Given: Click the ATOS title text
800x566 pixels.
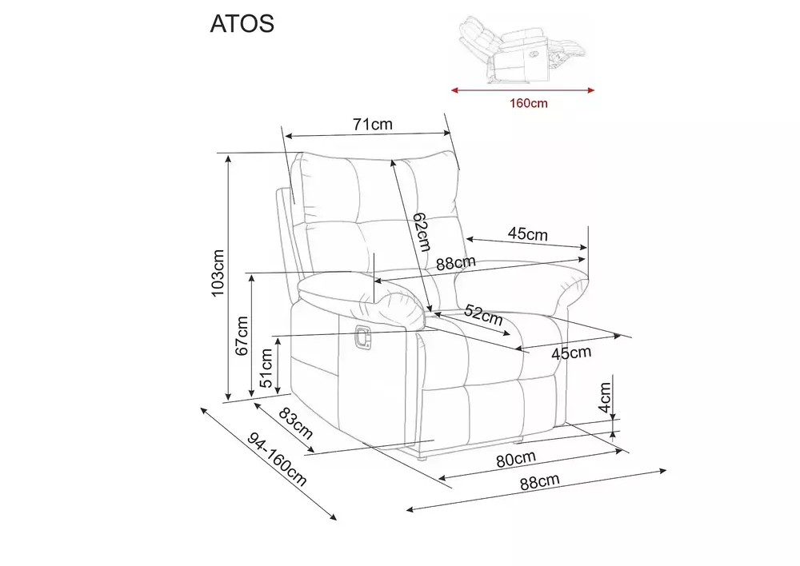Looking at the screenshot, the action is point(242,23).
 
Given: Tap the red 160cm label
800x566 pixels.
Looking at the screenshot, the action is point(529,103).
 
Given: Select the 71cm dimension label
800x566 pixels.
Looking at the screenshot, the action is point(373,124).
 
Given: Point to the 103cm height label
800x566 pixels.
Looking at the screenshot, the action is point(218,273).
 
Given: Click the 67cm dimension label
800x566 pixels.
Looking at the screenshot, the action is point(242,336).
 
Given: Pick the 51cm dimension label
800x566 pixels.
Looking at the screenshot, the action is point(266,369).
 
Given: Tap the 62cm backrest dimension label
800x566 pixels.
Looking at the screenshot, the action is point(422,232).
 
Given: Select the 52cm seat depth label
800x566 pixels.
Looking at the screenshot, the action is point(484,316).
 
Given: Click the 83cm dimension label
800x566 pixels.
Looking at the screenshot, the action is point(295,423).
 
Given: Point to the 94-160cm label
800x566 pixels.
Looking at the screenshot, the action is point(277,460).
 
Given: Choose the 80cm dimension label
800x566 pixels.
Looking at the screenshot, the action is point(516,459).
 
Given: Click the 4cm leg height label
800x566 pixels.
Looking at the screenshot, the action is point(605,397).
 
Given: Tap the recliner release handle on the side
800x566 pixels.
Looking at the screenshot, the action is point(362,337).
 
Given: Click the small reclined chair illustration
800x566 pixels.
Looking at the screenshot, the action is point(522,50).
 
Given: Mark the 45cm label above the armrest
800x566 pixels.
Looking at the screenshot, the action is point(527,233).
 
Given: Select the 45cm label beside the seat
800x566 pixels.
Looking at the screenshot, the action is point(571,353).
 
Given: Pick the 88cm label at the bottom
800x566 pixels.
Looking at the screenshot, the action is point(540,481).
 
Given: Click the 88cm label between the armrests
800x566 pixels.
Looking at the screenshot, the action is point(456,263).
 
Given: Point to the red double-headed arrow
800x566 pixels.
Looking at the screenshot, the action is point(523,91).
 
